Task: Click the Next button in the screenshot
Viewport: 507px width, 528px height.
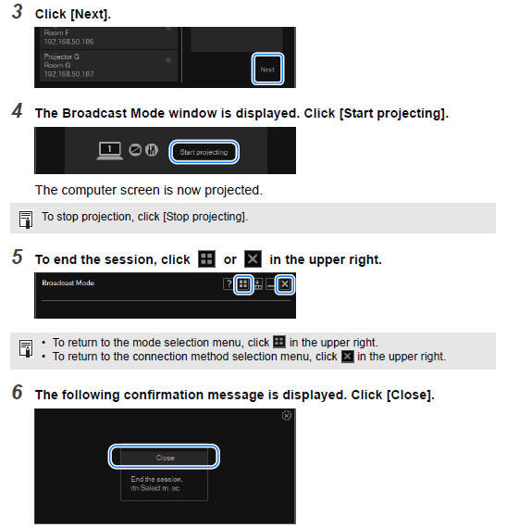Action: click(x=267, y=69)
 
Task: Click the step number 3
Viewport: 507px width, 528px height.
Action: click(x=17, y=14)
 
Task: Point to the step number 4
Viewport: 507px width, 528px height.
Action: click(x=17, y=113)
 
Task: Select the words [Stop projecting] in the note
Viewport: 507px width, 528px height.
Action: click(x=207, y=217)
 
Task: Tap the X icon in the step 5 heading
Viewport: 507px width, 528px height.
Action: click(x=253, y=259)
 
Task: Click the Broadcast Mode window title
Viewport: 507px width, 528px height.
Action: click(x=68, y=283)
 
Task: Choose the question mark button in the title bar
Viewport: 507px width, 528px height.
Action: click(x=228, y=284)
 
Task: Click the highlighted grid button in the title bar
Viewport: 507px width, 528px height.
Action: click(x=243, y=284)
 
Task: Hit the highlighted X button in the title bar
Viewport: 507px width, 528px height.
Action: click(x=286, y=284)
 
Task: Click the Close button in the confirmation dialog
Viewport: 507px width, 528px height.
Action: click(x=163, y=457)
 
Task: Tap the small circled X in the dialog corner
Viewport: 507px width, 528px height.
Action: click(x=286, y=417)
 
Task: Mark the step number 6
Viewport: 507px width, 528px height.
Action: click(x=17, y=393)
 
